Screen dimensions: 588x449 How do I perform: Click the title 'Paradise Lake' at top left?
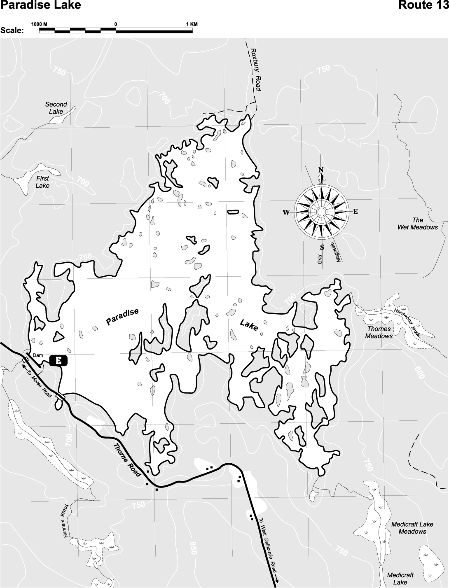[x=40, y=5]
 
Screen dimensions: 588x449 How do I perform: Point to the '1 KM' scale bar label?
[x=192, y=24]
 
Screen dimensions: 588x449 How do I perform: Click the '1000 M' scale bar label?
[x=40, y=24]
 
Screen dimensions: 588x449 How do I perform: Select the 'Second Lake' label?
[x=56, y=108]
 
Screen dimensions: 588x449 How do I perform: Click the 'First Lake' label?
[x=42, y=182]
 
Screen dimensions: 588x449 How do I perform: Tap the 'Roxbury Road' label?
[x=255, y=70]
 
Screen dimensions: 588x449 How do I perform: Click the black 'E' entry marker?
[x=58, y=361]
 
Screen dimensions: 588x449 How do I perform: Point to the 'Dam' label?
[x=37, y=355]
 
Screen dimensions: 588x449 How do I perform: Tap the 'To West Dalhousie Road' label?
[x=267, y=543]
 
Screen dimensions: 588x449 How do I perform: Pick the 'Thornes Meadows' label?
[x=379, y=332]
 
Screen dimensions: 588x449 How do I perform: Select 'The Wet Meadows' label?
[x=417, y=224]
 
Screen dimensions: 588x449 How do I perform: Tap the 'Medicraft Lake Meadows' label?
[x=412, y=527]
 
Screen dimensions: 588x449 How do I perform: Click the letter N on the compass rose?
[x=321, y=170]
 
